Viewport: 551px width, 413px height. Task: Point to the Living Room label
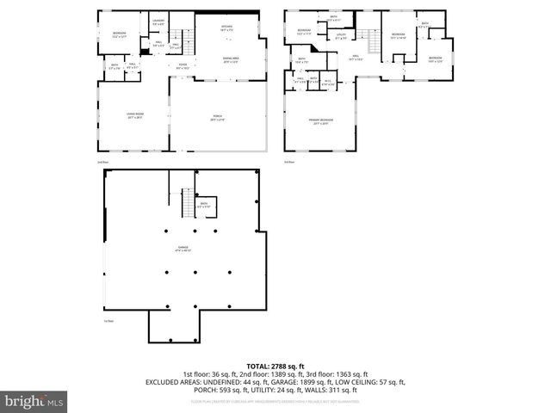click(134, 117)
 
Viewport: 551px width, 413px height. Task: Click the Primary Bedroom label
click(322, 121)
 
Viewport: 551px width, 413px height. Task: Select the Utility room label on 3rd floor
click(341, 36)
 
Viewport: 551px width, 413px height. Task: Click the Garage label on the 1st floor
click(183, 249)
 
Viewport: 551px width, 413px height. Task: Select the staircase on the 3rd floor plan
click(374, 40)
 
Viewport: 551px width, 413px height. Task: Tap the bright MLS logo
click(34, 401)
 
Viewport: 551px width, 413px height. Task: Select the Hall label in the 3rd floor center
click(355, 58)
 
